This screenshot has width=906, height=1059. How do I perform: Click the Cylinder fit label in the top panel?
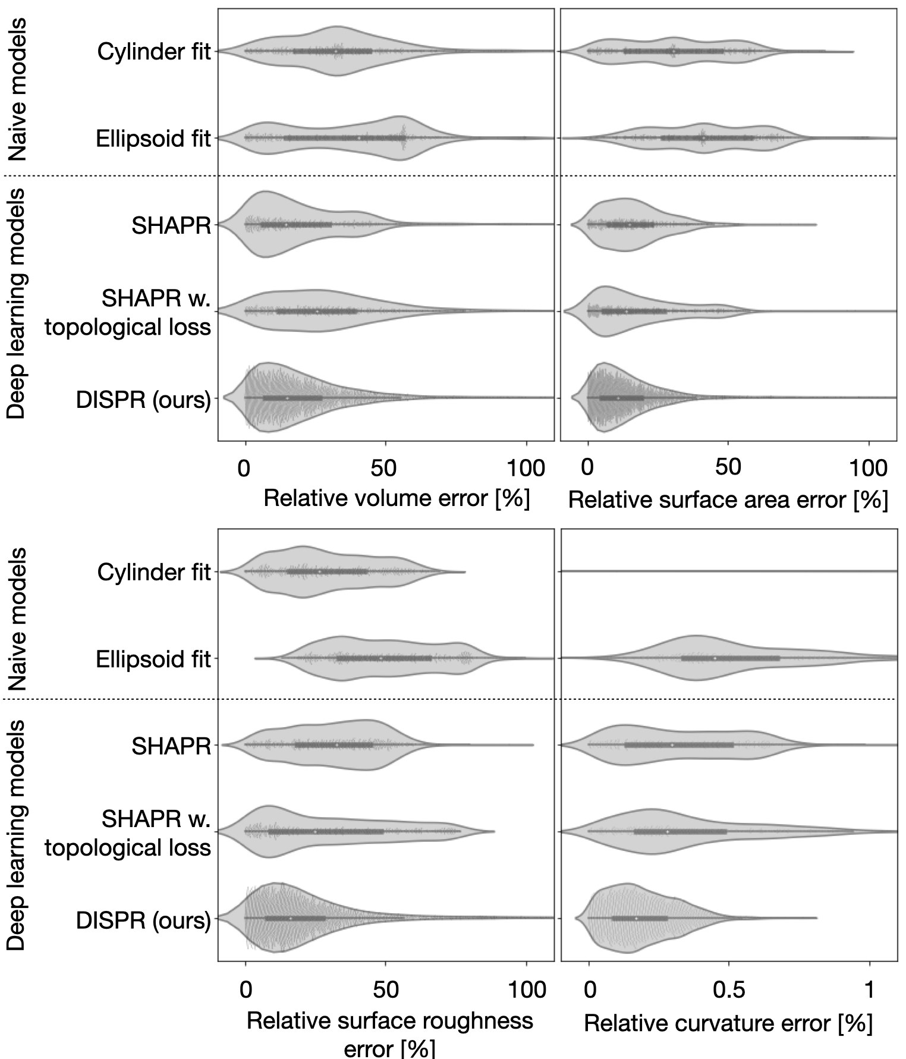(x=154, y=52)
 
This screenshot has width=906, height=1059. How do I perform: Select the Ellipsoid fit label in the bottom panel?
(x=153, y=659)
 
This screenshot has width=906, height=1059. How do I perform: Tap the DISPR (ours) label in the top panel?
(x=143, y=400)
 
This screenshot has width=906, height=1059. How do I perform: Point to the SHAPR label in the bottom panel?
(x=171, y=746)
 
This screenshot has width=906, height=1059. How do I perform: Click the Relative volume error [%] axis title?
(x=396, y=498)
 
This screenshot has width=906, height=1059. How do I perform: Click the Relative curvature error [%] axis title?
(x=728, y=1023)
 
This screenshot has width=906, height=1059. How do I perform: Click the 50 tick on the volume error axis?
(x=384, y=469)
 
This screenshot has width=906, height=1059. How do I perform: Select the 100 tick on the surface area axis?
(x=869, y=469)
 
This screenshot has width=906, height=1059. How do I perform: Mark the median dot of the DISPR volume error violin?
(x=287, y=398)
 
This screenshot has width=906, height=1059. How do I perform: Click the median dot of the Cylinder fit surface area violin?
(x=673, y=52)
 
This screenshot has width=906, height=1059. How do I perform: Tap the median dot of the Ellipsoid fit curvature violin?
(x=715, y=658)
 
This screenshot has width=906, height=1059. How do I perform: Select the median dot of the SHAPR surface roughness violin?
(x=336, y=744)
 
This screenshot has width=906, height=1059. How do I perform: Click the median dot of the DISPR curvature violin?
(x=636, y=919)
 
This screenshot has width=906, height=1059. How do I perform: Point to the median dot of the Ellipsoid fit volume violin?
(x=359, y=138)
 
